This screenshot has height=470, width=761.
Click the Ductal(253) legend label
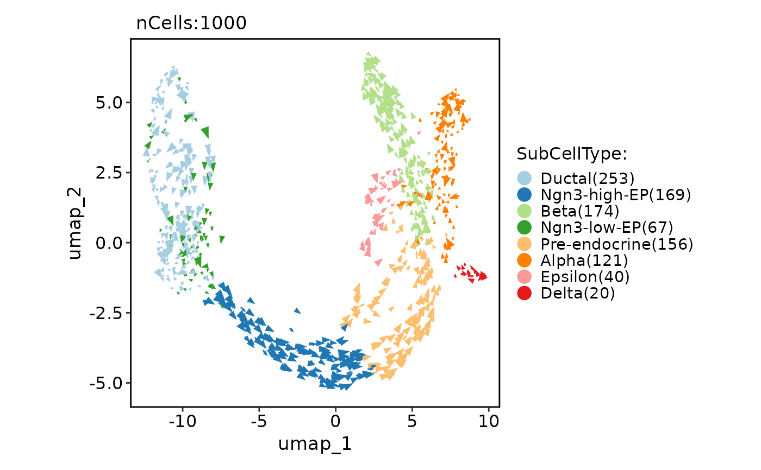tap(588, 178)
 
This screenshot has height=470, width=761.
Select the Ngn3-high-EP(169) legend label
tap(615, 194)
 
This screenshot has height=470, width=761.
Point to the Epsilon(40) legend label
tap(585, 277)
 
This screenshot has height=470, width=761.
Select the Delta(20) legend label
tap(578, 294)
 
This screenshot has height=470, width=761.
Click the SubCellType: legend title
tap(572, 154)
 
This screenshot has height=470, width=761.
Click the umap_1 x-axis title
tap(315, 443)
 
